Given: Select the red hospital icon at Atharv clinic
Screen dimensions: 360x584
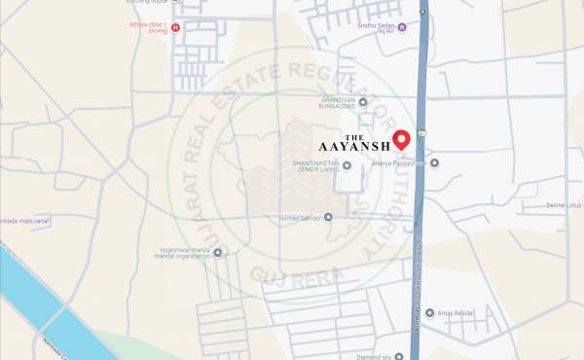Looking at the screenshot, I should tap(175, 27).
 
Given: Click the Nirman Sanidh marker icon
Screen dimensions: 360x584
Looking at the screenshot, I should tap(328, 217).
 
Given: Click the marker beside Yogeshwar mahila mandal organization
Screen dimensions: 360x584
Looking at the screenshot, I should tap(217, 253).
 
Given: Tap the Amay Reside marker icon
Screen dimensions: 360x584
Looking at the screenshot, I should tap(429, 313).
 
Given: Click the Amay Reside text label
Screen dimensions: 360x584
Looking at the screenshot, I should tap(456, 313).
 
